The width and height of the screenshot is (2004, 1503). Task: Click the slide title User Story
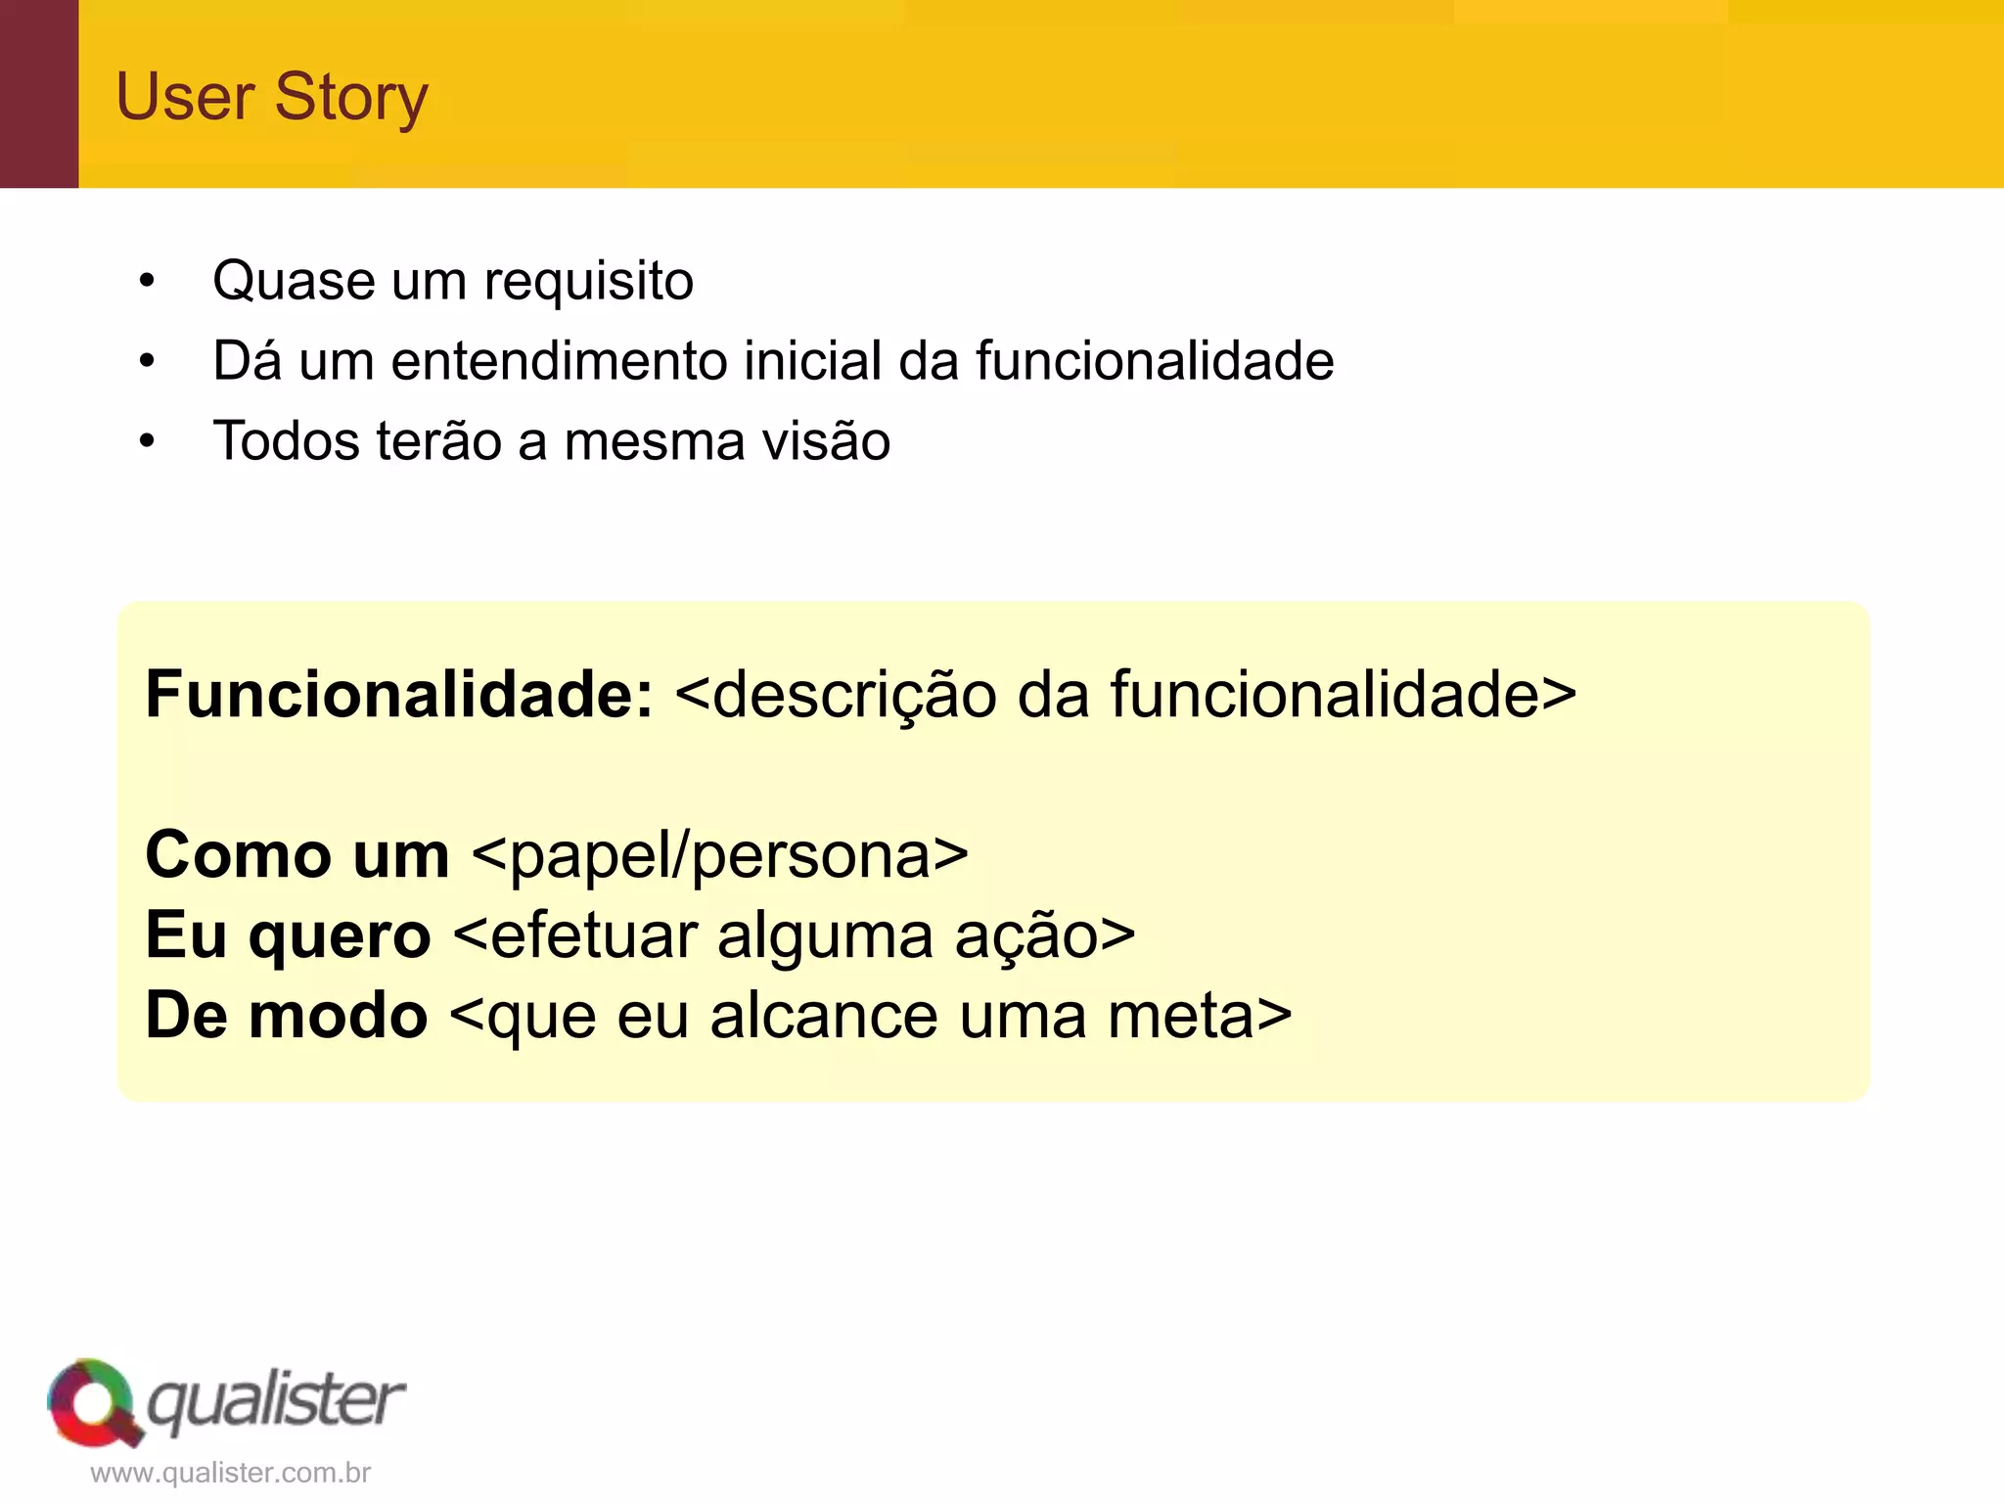[272, 98]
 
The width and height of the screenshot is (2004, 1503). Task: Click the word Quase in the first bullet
[294, 282]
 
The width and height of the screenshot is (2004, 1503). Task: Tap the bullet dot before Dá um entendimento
[147, 361]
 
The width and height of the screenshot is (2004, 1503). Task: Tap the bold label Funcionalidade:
[398, 695]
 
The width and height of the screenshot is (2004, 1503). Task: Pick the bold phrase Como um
[296, 855]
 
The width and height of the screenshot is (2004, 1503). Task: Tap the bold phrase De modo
[286, 1016]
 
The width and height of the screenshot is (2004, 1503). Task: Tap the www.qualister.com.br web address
[231, 1474]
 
